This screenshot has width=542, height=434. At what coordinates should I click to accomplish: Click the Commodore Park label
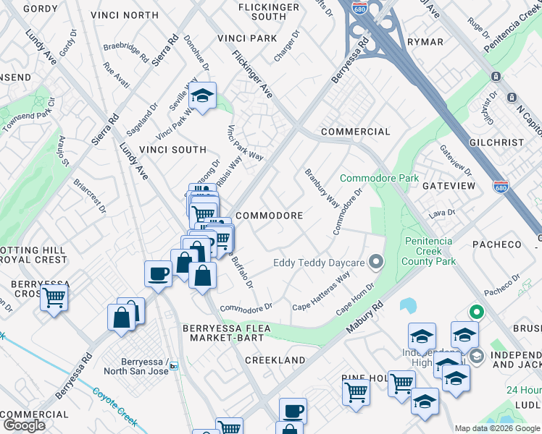coord(379,178)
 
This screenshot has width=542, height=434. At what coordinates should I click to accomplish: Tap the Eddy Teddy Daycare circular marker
coord(375,262)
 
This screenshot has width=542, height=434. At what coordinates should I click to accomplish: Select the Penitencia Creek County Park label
coord(428,250)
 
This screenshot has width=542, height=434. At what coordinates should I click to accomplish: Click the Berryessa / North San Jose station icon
coord(174,367)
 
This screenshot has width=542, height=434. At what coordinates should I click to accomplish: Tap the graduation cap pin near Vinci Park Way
coord(203,95)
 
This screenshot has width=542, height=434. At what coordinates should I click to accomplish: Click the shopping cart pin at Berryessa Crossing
coord(54,297)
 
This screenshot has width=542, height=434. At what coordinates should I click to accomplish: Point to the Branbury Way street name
coord(321,187)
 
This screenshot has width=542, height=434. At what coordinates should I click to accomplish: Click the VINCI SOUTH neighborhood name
coord(173,150)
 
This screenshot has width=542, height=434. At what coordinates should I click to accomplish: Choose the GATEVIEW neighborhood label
coord(449,186)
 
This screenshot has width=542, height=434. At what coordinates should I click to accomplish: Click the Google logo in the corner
coord(24,425)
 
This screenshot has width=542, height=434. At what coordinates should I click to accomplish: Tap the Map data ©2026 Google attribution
coord(496,428)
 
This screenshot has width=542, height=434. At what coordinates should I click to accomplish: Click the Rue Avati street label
coord(116,75)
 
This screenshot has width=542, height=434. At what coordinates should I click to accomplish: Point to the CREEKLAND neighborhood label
coord(275,359)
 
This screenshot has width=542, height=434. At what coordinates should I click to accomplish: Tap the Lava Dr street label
coord(441,213)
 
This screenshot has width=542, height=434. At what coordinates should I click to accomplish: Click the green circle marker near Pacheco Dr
coord(476,312)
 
